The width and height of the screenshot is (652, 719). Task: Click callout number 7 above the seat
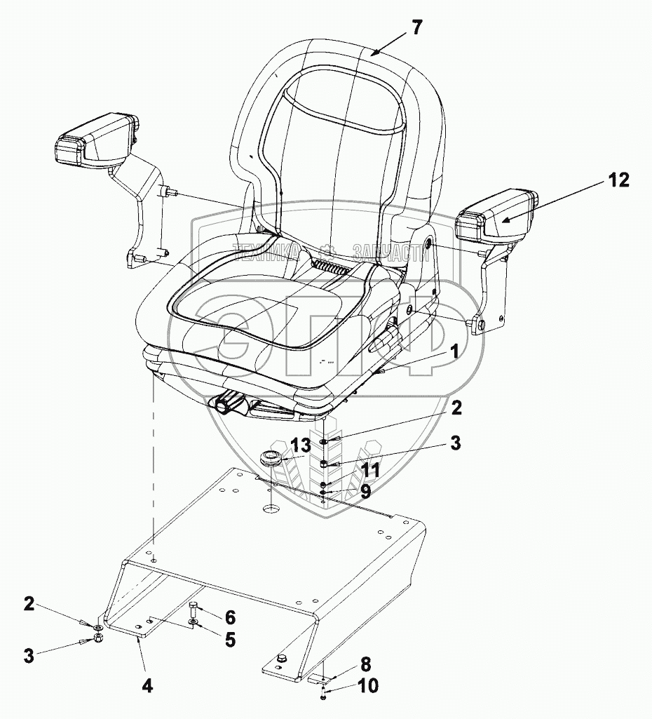click(417, 29)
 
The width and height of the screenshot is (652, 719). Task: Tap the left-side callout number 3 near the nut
click(29, 657)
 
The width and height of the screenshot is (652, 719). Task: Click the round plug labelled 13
click(271, 459)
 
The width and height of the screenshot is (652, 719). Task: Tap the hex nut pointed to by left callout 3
click(100, 638)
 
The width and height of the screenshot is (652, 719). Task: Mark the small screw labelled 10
click(322, 694)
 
